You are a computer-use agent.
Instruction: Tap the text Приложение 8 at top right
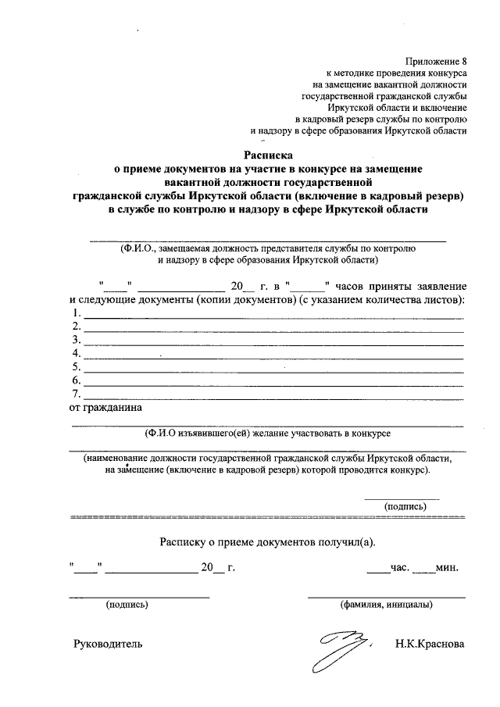click(435, 62)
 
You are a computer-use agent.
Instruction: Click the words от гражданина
click(105, 407)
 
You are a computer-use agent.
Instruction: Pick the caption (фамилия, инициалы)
click(386, 604)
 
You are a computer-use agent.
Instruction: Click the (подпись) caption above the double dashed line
click(405, 506)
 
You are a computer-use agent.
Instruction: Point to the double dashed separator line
click(266, 518)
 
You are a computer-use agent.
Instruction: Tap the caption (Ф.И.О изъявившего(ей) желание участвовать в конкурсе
click(266, 432)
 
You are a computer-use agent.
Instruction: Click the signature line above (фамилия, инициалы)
click(386, 597)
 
